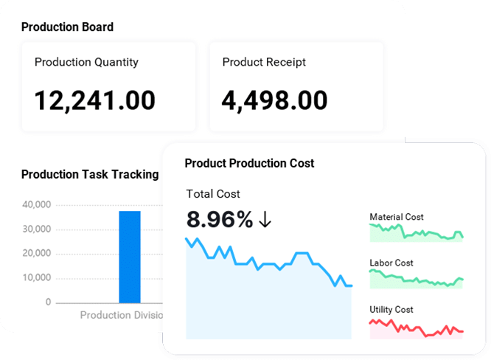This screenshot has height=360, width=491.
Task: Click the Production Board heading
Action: pos(67,27)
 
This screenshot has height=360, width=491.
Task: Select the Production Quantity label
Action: pos(86,63)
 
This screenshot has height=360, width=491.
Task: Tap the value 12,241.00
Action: pos(95,100)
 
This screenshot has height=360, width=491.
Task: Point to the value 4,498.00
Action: pos(275,100)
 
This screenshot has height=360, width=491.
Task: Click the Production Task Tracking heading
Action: pos(90,175)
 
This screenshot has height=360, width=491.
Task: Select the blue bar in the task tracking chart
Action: pos(130,257)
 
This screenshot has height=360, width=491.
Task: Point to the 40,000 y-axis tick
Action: pos(37,204)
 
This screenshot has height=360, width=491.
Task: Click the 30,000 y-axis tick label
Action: pos(37,229)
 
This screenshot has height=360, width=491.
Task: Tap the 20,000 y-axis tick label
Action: pos(37,253)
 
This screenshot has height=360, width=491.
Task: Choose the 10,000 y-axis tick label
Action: pos(37,278)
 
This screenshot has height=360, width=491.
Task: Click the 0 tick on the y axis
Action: pos(48,302)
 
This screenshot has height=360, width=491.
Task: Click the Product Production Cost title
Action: pos(249,163)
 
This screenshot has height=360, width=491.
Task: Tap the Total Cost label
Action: pos(213,194)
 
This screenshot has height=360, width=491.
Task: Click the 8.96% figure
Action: pos(220,219)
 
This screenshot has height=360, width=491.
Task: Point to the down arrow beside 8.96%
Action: pos(266,220)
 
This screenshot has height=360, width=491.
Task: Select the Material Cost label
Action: pos(397,217)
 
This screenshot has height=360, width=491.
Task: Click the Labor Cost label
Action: pos(391,263)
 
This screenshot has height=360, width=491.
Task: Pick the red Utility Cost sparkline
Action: pos(416,327)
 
